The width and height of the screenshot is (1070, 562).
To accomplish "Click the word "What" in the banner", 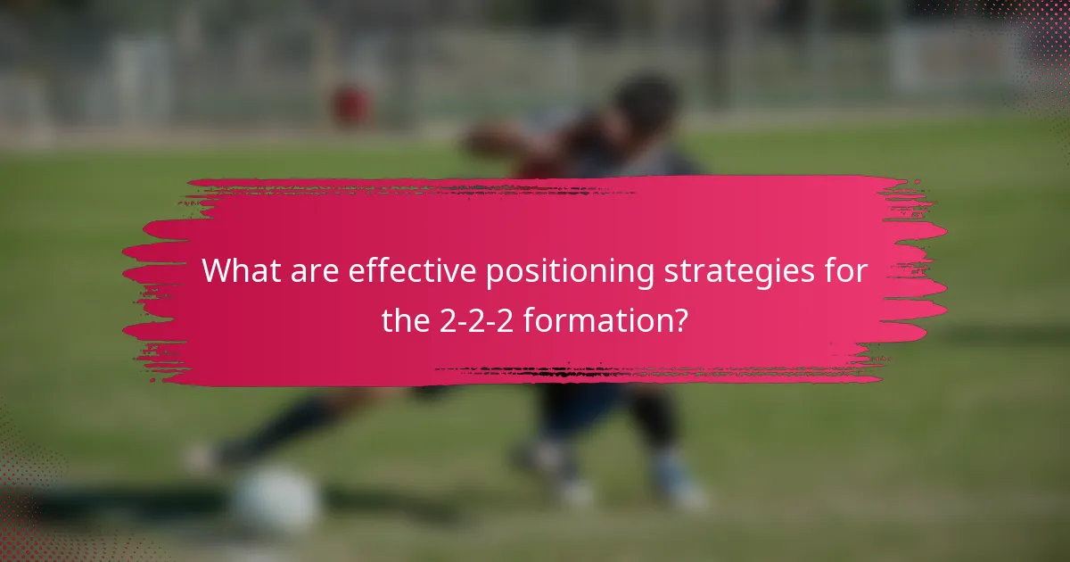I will pyautogui.click(x=236, y=271).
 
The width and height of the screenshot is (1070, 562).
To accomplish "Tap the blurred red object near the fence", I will pyautogui.click(x=352, y=104).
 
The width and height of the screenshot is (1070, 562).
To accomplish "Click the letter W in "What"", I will pyautogui.click(x=218, y=271).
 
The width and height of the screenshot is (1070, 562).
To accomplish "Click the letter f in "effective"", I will pyautogui.click(x=374, y=271).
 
